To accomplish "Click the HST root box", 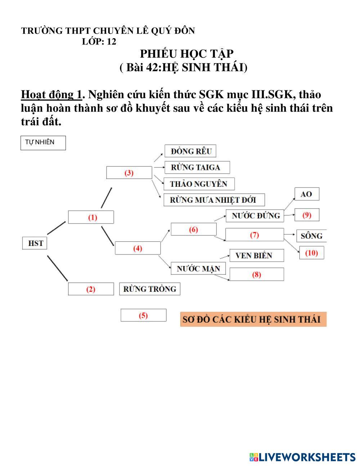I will [x=35, y=243].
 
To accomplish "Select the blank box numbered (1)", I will [x=91, y=217].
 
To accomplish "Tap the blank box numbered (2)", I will [x=91, y=289].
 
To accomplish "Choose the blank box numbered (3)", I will [x=129, y=172].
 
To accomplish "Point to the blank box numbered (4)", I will [x=138, y=248].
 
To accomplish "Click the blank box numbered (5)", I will [x=143, y=315].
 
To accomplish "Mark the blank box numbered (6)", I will [x=194, y=229].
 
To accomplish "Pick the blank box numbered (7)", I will [x=255, y=235].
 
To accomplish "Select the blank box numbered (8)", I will [x=257, y=274].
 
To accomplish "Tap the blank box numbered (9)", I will [x=307, y=215].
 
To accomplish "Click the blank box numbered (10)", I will [x=311, y=253].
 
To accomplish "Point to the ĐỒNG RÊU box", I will [x=191, y=151].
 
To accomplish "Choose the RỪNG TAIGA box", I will [x=197, y=167].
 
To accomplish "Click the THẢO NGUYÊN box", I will [x=199, y=184].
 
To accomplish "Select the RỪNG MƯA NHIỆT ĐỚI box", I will [x=215, y=200].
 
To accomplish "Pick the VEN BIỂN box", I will [x=257, y=255].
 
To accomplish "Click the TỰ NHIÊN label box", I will [x=43, y=143].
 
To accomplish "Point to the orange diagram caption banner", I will [x=253, y=319].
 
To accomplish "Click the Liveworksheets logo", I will [x=302, y=457].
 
